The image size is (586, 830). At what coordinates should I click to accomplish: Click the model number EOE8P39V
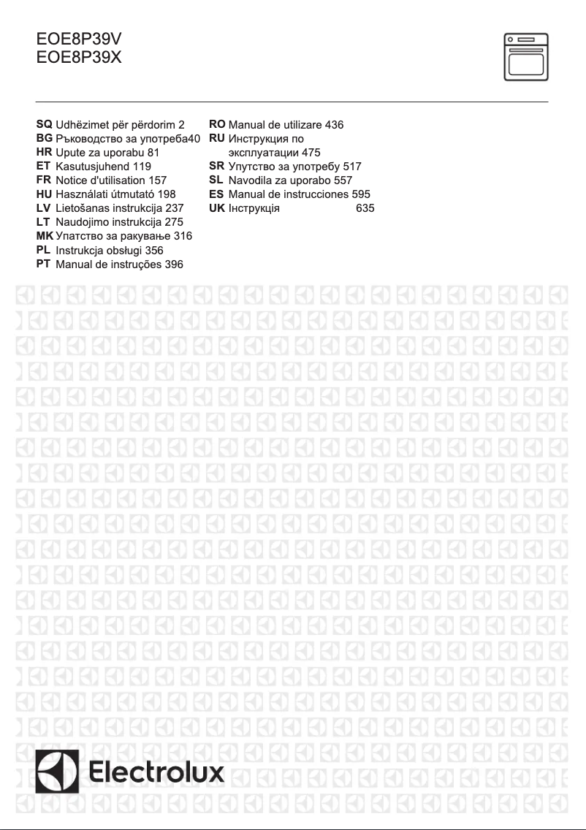tap(79, 41)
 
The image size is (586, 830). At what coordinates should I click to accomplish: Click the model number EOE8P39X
tap(79, 57)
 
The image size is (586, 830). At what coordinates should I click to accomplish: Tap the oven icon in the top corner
tap(526, 56)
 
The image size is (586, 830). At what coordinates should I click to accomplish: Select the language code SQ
tap(44, 125)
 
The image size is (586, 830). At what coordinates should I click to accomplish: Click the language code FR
tap(43, 180)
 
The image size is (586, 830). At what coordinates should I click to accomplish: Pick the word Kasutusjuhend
tap(88, 167)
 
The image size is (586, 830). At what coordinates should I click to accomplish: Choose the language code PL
tap(43, 250)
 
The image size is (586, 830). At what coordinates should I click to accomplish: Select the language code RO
tap(218, 125)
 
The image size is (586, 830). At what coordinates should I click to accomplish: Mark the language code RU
tap(218, 138)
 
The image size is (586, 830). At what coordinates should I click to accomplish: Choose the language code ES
tap(217, 194)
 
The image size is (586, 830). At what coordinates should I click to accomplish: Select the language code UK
tap(217, 208)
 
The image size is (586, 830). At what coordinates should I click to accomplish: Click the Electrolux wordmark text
tap(157, 773)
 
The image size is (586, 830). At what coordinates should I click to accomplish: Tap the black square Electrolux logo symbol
tap(59, 772)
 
